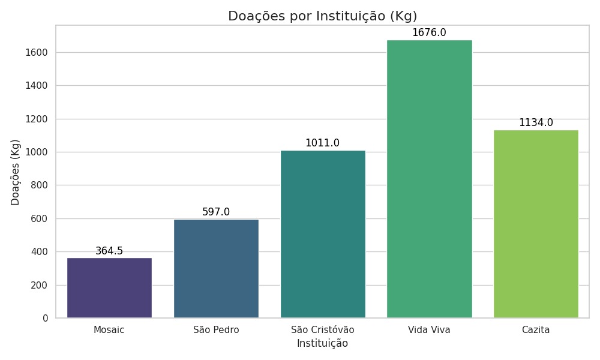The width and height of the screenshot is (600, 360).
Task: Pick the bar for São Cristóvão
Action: (323, 234)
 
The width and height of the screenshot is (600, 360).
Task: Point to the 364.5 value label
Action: (109, 251)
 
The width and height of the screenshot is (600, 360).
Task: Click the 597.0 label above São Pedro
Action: (216, 212)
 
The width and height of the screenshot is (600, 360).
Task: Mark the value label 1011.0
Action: (323, 143)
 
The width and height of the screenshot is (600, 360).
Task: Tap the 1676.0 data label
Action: (430, 32)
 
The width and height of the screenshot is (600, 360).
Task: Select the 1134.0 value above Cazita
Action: (536, 122)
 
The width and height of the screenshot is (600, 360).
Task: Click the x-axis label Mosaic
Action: (109, 330)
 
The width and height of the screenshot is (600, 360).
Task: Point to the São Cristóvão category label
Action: (323, 330)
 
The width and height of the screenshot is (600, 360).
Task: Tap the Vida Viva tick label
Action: (430, 330)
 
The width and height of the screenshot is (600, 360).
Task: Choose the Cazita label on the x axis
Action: (536, 330)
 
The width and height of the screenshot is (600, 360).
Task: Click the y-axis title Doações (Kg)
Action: (16, 172)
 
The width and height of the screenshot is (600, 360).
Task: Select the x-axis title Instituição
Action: (323, 344)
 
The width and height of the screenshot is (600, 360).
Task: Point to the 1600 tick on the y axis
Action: (37, 53)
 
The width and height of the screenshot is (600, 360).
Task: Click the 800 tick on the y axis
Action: (40, 185)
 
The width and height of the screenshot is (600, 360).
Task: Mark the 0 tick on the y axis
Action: (45, 318)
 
